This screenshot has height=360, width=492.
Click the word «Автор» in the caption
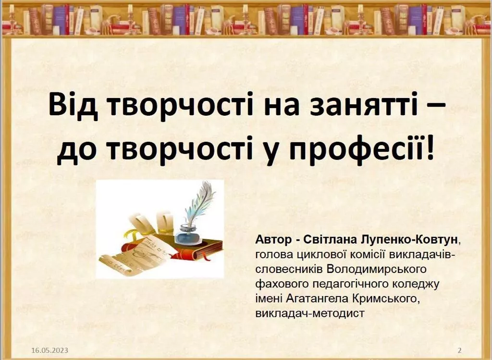(x=272, y=239)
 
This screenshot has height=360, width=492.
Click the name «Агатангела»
(x=316, y=299)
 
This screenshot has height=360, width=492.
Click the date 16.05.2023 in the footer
(x=49, y=350)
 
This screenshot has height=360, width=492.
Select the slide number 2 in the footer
(x=459, y=350)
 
